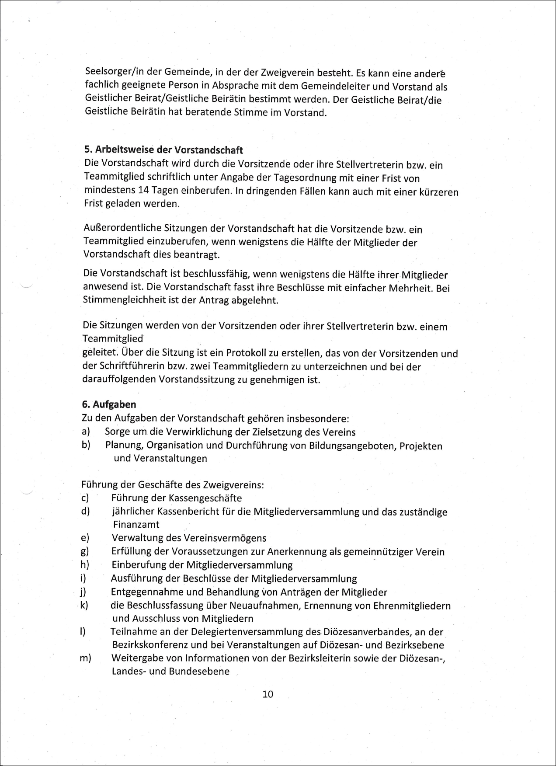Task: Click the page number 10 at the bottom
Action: coord(268,694)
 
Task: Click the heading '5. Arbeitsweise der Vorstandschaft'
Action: coord(163,150)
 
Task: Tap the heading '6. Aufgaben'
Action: coord(109,404)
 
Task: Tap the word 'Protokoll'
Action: coord(244,353)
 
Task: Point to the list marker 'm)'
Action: coord(85,658)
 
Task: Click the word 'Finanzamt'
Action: coord(136,524)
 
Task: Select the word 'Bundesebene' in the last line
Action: coord(202,671)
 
